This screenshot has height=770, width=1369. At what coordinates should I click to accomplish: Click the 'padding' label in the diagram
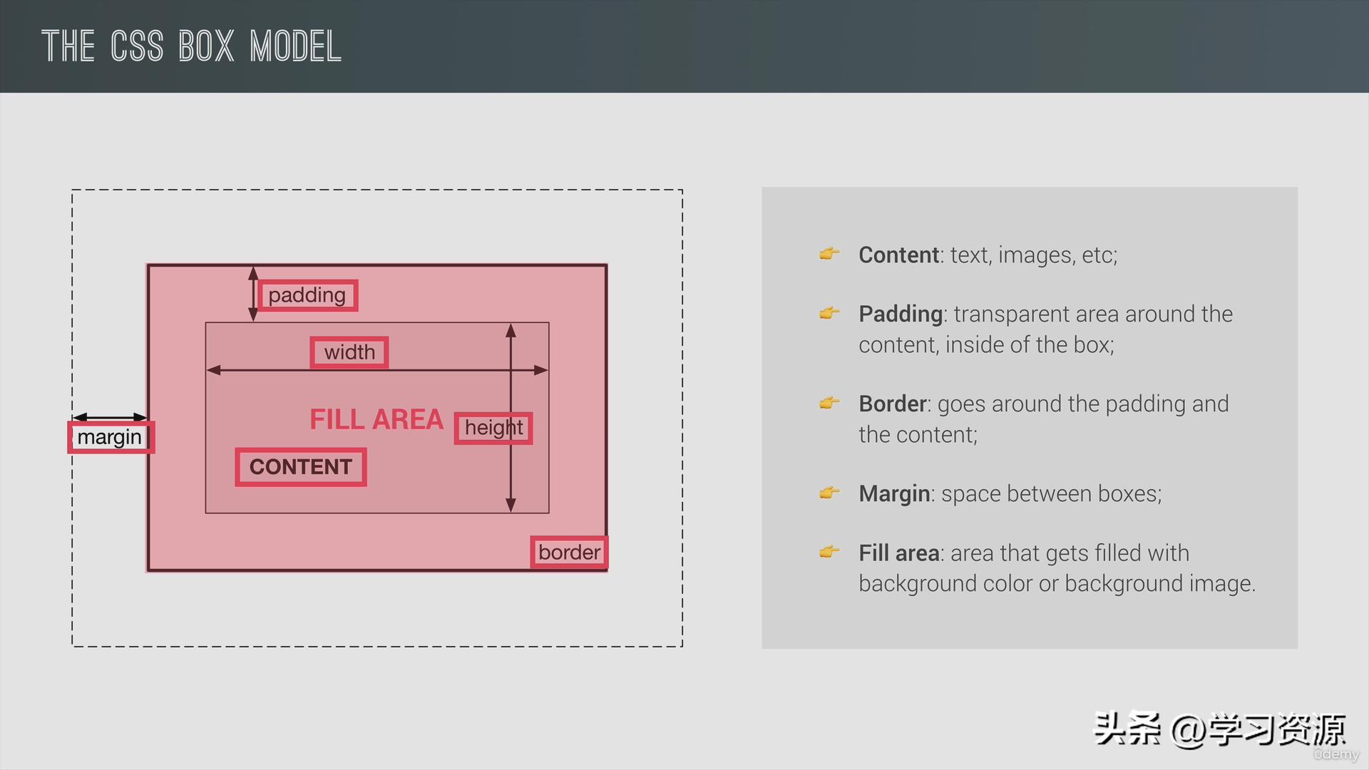coord(307,295)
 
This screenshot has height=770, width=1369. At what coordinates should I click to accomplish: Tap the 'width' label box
coord(349,352)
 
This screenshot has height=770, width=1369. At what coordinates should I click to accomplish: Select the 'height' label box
coord(493,428)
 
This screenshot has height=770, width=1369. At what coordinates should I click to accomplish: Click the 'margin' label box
coord(111,437)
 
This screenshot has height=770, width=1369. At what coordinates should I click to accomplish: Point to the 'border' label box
coord(569,553)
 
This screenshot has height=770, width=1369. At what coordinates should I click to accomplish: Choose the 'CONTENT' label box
coord(301,467)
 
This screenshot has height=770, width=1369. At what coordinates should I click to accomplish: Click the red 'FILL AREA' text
coord(376,419)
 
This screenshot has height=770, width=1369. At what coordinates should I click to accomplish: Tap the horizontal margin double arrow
coord(110,417)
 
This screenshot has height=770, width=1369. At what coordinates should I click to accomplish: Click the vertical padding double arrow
coord(252,294)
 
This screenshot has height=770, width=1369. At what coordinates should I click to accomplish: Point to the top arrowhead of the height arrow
coord(511,329)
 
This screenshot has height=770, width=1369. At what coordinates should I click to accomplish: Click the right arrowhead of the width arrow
coord(541,370)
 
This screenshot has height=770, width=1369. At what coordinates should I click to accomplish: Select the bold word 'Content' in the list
coord(898,255)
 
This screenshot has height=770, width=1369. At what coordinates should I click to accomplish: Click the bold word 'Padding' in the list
coord(901,314)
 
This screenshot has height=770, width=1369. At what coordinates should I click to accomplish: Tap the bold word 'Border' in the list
coord(893,404)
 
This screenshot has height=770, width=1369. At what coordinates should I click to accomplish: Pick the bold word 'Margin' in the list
coord(894,494)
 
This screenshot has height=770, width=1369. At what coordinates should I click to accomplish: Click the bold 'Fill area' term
coord(899,553)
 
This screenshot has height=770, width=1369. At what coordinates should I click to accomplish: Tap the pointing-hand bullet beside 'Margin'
coord(829,493)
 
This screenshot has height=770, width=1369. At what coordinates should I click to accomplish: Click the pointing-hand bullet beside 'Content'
coord(829,254)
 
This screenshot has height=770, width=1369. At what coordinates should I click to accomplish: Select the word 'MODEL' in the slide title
coord(296,47)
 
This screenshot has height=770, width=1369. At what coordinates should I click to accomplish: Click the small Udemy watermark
coord(1336,754)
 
